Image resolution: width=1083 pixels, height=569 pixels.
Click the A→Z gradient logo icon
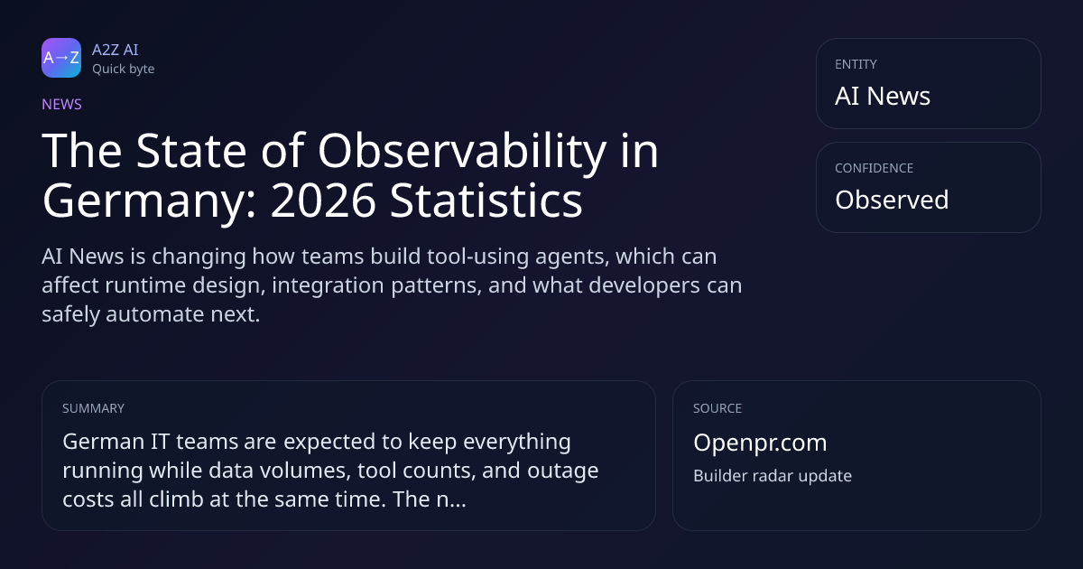61,58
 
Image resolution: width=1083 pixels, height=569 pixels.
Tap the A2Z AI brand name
116,50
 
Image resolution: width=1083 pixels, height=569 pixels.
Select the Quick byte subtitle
124,70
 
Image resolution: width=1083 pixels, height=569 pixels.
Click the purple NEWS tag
62,105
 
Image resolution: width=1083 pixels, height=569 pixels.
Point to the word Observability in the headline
462,151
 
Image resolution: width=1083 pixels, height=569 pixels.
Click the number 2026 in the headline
323,201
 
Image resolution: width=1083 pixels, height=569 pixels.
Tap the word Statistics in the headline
486,201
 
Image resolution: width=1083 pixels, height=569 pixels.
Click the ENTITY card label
856,64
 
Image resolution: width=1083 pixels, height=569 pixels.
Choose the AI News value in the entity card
883,96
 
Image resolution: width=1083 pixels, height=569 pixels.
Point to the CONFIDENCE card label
875,168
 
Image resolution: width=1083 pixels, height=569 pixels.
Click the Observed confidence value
892,200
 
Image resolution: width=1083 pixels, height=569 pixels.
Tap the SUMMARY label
93,408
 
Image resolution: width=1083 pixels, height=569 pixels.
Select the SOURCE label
717,408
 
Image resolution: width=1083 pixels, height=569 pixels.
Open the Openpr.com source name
760,443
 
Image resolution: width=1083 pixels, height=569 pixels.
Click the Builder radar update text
773,476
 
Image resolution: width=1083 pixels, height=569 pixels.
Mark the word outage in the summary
563,471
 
